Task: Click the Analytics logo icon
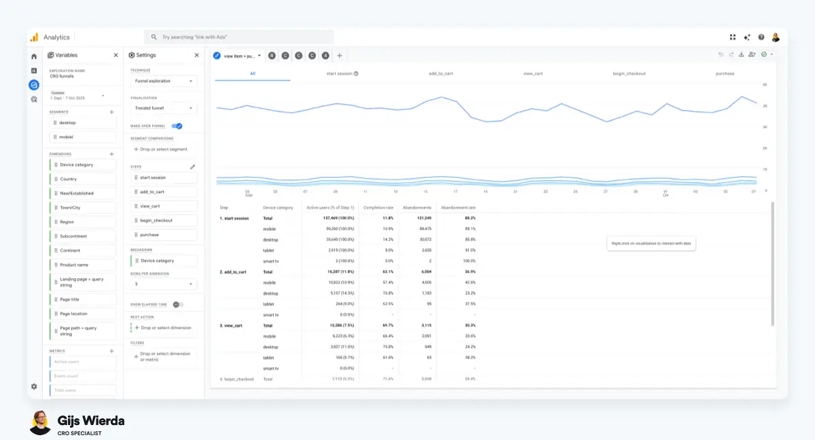[34, 37]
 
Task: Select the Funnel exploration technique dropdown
[163, 81]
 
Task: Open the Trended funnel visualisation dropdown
[163, 108]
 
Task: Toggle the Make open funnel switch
[177, 126]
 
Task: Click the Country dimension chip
[82, 179]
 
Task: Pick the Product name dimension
[82, 265]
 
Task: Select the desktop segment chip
[82, 122]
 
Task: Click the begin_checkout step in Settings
[163, 220]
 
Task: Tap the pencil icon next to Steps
[192, 166]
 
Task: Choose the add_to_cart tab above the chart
[441, 73]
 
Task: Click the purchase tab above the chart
[725, 73]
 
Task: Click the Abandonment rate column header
[458, 207]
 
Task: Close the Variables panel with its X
[115, 55]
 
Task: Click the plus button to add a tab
[340, 56]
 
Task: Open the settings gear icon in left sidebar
[34, 386]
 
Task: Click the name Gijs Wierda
[91, 421]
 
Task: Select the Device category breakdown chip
[163, 260]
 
